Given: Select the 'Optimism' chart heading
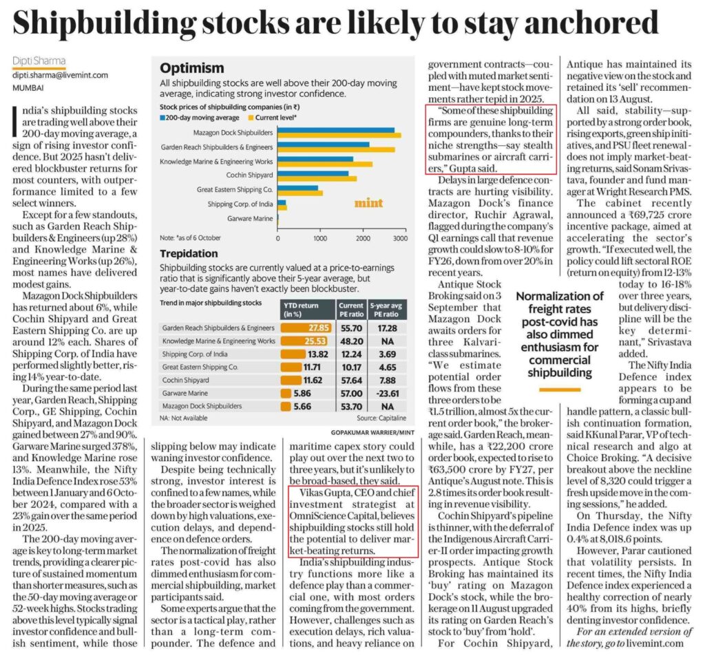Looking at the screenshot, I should click(x=192, y=68).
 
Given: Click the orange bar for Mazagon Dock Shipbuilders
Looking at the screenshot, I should click(x=339, y=134).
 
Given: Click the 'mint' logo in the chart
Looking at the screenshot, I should click(x=368, y=204).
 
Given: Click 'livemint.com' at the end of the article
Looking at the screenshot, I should click(x=651, y=643).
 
